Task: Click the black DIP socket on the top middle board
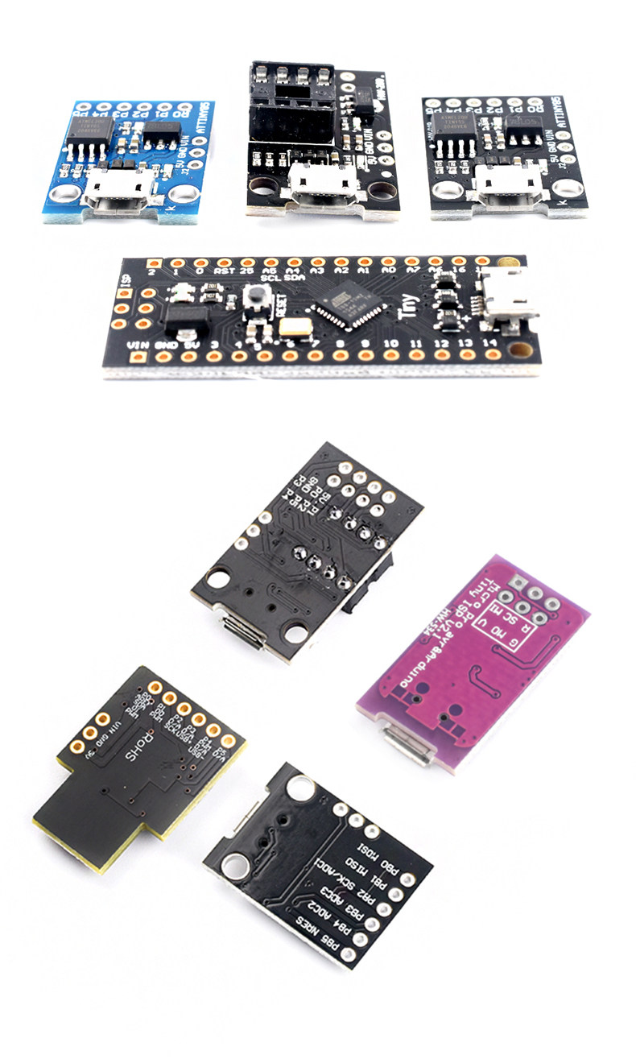(x=291, y=101)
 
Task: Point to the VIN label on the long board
(x=138, y=345)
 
